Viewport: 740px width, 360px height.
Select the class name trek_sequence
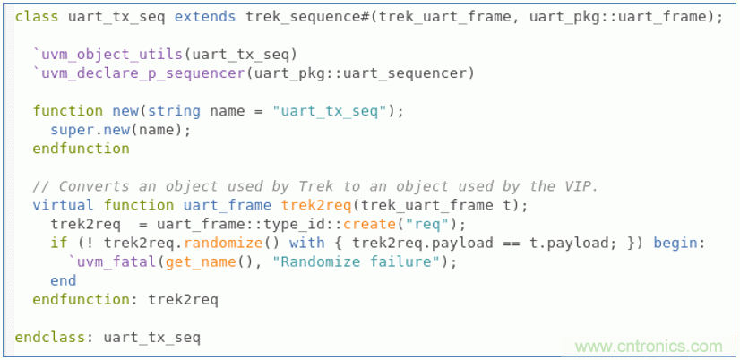click(297, 17)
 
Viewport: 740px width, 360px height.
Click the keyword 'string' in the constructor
click(174, 111)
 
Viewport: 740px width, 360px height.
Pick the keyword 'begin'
click(679, 243)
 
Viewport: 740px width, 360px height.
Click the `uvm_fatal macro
click(108, 261)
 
